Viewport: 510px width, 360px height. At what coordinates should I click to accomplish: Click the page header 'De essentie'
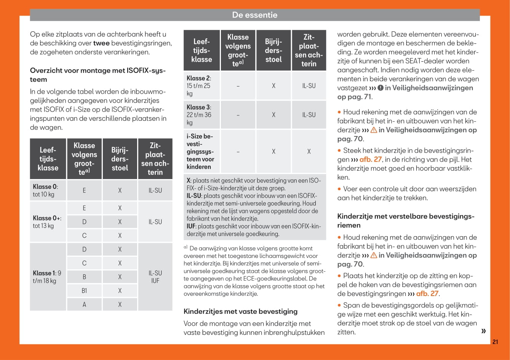pos(254,15)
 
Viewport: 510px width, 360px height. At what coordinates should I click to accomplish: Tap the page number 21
pos(495,342)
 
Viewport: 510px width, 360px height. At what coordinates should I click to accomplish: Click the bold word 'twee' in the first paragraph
pos(101,43)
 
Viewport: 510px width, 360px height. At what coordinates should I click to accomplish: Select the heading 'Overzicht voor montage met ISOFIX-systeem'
pos(98,75)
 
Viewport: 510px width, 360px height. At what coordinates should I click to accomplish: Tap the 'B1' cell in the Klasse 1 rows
pos(84,291)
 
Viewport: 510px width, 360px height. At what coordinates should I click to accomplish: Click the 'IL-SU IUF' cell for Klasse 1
pos(155,277)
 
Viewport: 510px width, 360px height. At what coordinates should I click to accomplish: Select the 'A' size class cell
pos(84,304)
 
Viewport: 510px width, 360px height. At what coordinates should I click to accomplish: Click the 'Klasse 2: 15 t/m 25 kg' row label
pos(201,86)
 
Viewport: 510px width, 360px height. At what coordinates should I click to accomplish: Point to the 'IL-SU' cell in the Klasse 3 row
pos(309,115)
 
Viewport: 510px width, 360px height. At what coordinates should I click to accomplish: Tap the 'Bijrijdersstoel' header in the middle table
pos(273,50)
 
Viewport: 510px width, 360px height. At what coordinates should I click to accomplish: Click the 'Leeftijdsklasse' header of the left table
pos(48,159)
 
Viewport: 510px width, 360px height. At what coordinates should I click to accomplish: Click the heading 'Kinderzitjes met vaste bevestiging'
pos(240,311)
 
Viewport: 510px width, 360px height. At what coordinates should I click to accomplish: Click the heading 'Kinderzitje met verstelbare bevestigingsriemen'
pos(406,221)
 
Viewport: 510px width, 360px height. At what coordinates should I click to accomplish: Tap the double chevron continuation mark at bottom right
pos(483,331)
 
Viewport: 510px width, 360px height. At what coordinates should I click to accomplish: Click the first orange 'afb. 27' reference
pos(370,160)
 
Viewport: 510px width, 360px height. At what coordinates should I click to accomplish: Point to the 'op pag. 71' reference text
pos(354,97)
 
